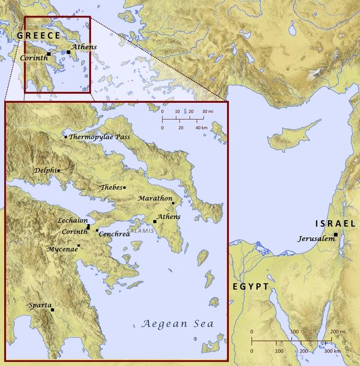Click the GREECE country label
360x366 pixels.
coord(38,36)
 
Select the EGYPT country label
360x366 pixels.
coord(251,287)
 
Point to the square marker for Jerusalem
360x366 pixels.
coord(336,234)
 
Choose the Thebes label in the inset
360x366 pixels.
coord(111,188)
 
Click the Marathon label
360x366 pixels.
coord(155,199)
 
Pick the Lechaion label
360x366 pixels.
coord(72,221)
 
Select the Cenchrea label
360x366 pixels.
coord(114,234)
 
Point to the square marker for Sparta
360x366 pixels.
coord(52,310)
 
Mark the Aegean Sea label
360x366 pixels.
coord(178,324)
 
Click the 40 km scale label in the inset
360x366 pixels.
coord(201,127)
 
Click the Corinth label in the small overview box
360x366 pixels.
coord(33,58)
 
